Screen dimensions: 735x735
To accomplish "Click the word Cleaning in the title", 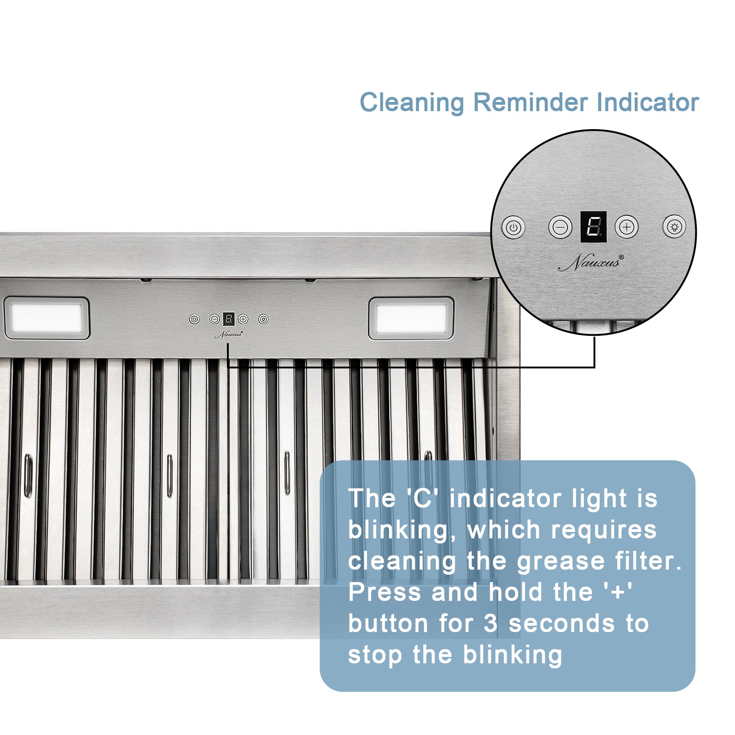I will (x=412, y=102).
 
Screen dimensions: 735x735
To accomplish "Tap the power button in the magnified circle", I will (x=513, y=227).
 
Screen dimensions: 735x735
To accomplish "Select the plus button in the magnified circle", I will (x=627, y=227).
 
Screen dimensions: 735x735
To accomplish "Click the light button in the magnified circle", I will (x=674, y=227).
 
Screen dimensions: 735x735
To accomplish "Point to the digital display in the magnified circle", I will (x=594, y=227).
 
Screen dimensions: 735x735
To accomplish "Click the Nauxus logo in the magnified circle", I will (x=591, y=263).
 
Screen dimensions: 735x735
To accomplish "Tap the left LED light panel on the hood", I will (x=46, y=318).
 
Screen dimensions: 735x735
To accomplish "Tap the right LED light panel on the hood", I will (x=411, y=318).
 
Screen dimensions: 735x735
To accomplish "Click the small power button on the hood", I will (x=194, y=319).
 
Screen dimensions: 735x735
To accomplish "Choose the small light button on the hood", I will (x=263, y=319).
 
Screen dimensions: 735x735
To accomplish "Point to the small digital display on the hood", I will (x=229, y=319).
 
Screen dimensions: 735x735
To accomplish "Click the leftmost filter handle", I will (x=28, y=475).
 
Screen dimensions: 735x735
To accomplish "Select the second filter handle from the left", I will (x=170, y=475).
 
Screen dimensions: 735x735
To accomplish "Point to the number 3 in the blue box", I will (x=491, y=624).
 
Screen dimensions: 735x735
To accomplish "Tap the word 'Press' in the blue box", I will (x=384, y=593).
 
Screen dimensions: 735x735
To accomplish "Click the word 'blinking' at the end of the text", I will (x=512, y=655).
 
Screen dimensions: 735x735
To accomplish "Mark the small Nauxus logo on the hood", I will (x=228, y=334).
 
